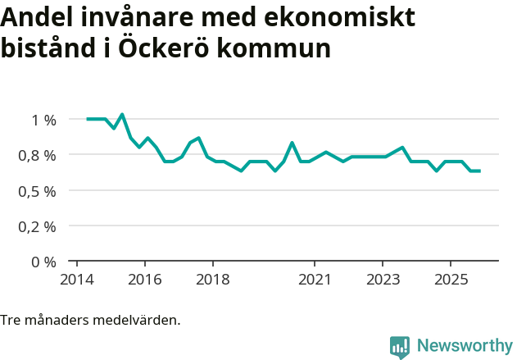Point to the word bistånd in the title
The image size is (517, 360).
50,48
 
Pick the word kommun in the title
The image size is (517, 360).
280,49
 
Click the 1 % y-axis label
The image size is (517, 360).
44,120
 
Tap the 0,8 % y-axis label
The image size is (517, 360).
39,155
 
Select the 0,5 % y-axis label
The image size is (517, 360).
39,191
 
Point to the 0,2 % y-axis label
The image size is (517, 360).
39,226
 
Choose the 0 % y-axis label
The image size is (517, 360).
44,262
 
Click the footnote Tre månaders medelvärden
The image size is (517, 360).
90,320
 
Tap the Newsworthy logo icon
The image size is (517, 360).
400,347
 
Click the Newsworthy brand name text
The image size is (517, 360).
465,346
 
